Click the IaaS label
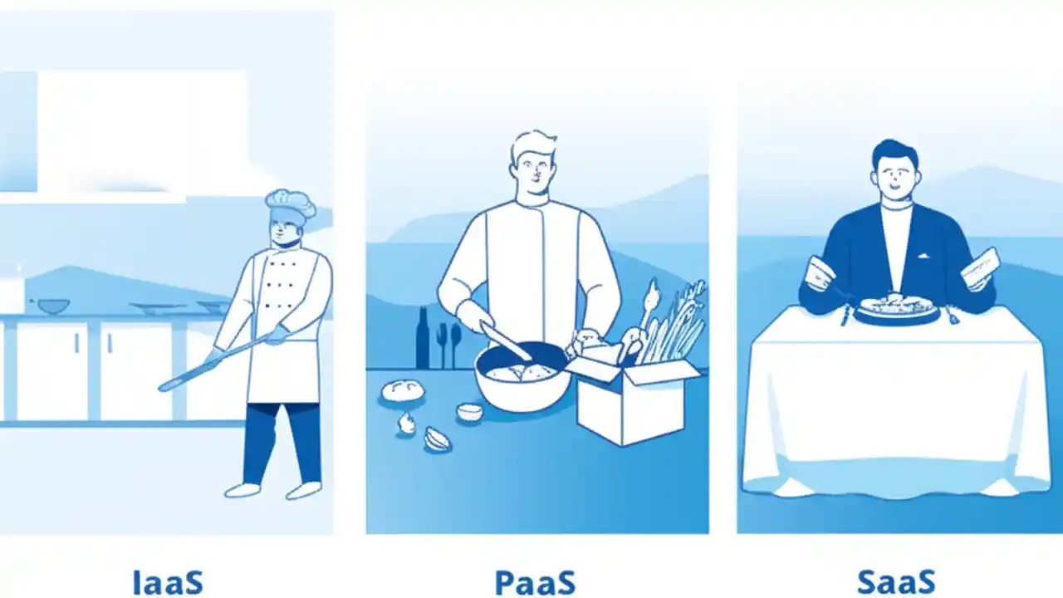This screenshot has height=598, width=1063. pos(168,581)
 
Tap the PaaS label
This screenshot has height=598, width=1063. pos(535,581)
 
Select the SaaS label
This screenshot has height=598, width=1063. pos(896,581)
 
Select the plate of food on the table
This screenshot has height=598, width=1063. pos(896,306)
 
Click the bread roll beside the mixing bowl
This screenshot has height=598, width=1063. pos(403,390)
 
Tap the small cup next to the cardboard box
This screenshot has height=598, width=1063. pos(469,411)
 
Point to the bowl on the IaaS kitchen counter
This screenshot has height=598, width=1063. pos(53,306)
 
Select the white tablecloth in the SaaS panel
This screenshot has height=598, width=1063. pos(896,399)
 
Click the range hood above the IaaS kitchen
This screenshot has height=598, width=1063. pos(141,133)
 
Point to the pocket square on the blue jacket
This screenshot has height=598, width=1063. pos(924,256)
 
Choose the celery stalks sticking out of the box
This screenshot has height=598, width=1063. pos(677,320)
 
